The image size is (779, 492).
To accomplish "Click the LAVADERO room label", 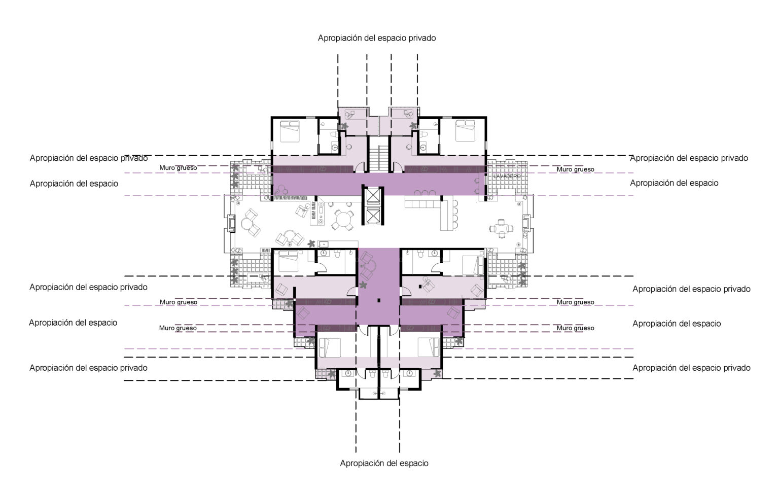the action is click(x=507, y=177).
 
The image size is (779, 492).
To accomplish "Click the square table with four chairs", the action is click(x=501, y=228).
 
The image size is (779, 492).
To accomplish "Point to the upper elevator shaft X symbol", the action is click(x=373, y=196).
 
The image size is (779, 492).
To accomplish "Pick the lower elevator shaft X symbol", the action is click(x=373, y=216).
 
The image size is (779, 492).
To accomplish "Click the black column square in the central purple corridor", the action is click(x=379, y=300).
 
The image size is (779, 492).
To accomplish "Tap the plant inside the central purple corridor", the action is click(x=363, y=286).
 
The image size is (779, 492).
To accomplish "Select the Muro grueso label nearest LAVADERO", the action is click(x=575, y=169).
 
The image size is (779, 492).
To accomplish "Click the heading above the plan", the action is click(x=377, y=38).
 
